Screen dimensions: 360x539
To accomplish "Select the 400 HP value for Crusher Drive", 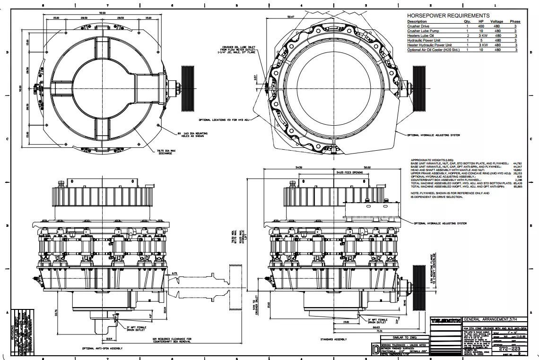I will point(481,26).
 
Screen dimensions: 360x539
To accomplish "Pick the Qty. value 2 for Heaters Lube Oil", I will point(468,35).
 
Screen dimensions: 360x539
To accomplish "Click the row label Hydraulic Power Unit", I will point(424,40).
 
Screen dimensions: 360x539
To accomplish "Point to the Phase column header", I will point(515,22).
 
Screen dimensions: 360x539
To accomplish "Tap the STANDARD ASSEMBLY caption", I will point(334,340).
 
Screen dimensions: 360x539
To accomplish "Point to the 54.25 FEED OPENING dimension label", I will point(349,173).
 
